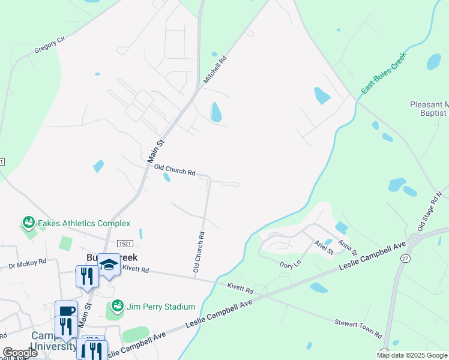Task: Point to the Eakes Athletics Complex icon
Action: pyautogui.click(x=28, y=223)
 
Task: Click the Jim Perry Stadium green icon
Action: pyautogui.click(x=117, y=307)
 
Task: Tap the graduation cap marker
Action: pyautogui.click(x=109, y=263)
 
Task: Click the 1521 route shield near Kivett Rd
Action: pyautogui.click(x=125, y=244)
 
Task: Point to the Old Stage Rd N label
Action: pyautogui.click(x=429, y=212)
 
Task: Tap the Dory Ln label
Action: pyautogui.click(x=289, y=263)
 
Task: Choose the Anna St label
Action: pyautogui.click(x=347, y=246)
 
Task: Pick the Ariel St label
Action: pyautogui.click(x=324, y=248)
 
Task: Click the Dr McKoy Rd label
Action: pyautogui.click(x=27, y=263)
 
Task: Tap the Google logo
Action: pyautogui.click(x=19, y=353)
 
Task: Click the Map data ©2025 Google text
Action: pyautogui.click(x=411, y=355)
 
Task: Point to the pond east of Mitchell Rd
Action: pyautogui.click(x=216, y=112)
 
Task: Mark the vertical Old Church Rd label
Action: pyautogui.click(x=199, y=252)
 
